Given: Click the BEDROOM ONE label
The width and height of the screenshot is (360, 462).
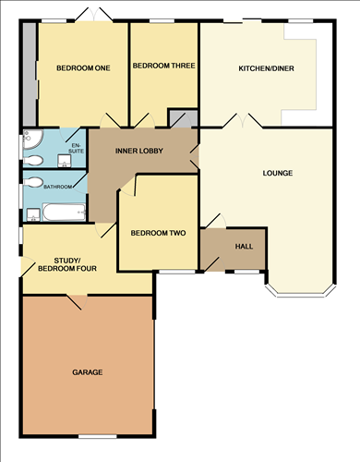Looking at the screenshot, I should pyautogui.click(x=82, y=67).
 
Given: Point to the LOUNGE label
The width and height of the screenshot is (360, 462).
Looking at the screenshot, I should pyautogui.click(x=277, y=173).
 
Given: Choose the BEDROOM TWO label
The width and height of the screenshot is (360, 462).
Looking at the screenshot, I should pyautogui.click(x=159, y=233).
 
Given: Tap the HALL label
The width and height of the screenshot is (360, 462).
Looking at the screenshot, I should pyautogui.click(x=244, y=246).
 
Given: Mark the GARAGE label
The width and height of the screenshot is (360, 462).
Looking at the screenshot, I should pyautogui.click(x=88, y=372).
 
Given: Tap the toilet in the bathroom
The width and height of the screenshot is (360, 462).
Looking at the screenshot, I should pyautogui.click(x=34, y=182).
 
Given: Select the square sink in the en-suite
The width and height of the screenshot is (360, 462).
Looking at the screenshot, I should pyautogui.click(x=64, y=161).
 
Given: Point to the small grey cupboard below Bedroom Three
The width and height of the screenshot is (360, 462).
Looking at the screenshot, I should pyautogui.click(x=182, y=118).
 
